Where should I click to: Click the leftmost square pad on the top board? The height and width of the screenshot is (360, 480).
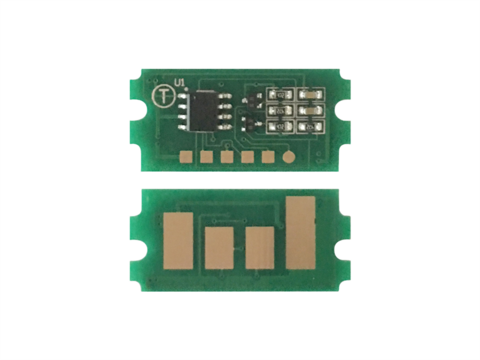[x=186, y=156]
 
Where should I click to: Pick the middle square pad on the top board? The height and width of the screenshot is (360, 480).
[x=227, y=156]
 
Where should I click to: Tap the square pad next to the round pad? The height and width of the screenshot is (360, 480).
[x=268, y=156]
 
